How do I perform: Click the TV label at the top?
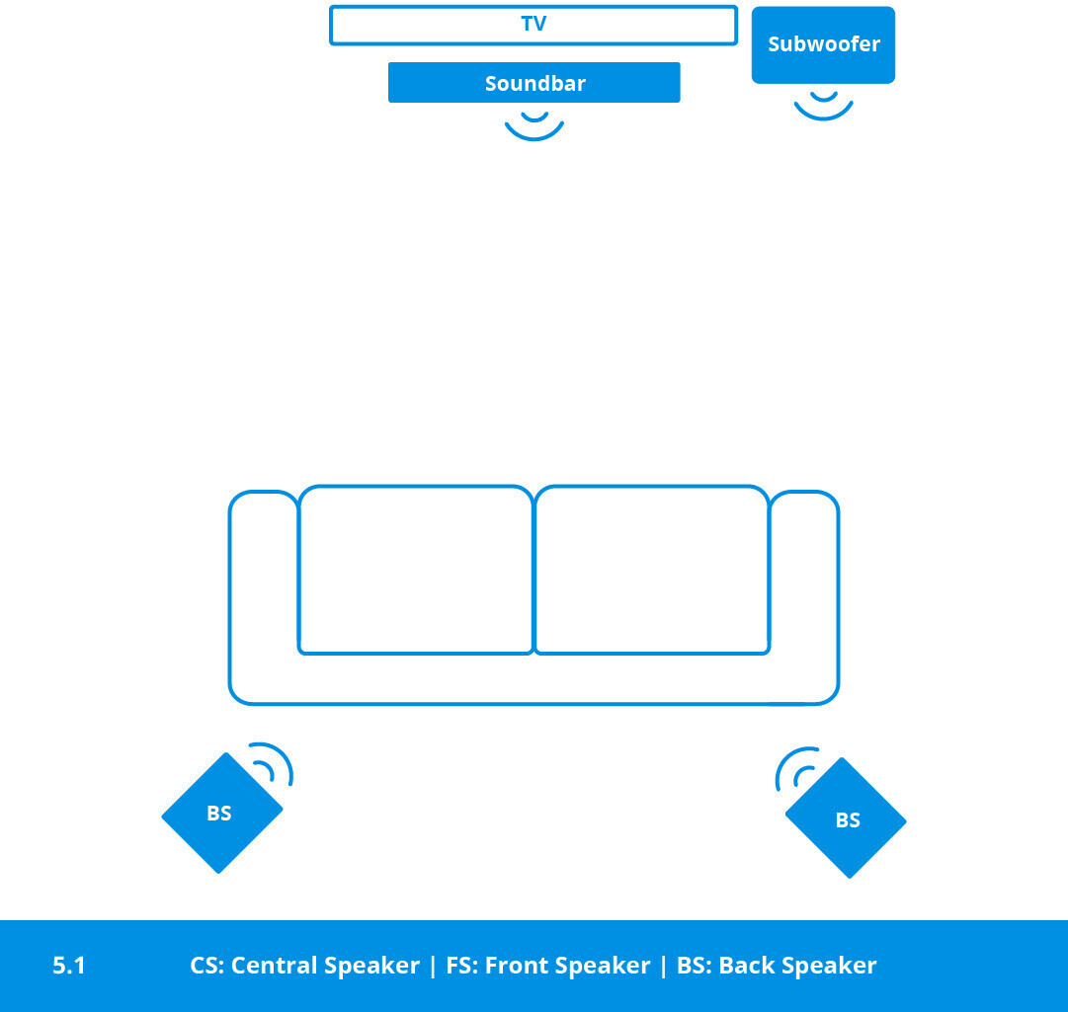coord(534,24)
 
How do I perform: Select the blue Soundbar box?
coord(534,82)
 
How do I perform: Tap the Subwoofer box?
coord(823,44)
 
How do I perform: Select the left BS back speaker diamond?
coord(222,813)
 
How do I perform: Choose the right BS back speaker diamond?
coord(846,818)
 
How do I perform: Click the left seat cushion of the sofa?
coord(416,570)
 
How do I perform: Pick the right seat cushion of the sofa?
coord(652,570)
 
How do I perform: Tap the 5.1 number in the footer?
coord(69,965)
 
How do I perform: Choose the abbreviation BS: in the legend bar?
coord(695,965)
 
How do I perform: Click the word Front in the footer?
coord(515,965)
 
